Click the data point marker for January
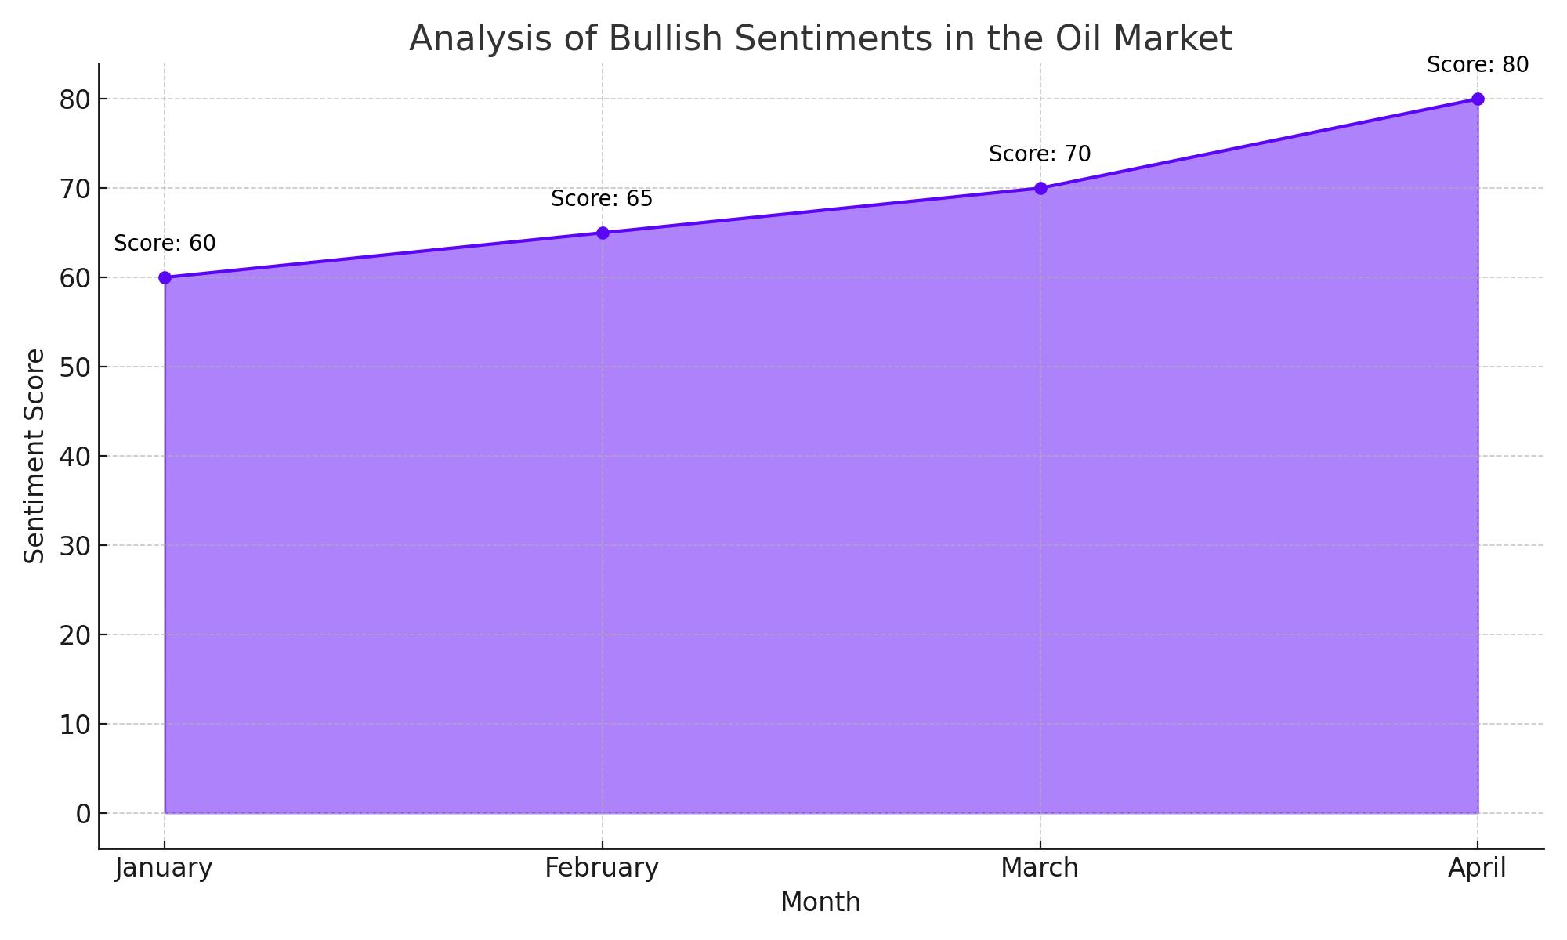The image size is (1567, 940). (x=165, y=277)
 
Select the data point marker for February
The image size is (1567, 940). (x=603, y=233)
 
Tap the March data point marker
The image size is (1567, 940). (x=1040, y=188)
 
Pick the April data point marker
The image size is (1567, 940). (x=1478, y=99)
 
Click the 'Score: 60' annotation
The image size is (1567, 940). (x=165, y=244)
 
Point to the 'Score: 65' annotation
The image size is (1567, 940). (x=602, y=199)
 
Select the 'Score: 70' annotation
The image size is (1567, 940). (x=1040, y=154)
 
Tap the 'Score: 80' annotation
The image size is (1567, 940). (x=1478, y=65)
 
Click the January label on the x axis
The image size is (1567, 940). (x=164, y=869)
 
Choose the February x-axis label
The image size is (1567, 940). (x=602, y=869)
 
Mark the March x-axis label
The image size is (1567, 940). (x=1040, y=868)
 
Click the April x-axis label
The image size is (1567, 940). (x=1477, y=869)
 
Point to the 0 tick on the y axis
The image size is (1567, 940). (x=83, y=814)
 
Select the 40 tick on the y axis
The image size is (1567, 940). (x=75, y=457)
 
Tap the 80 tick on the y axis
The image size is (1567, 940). (x=75, y=99)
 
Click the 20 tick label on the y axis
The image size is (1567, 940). (x=75, y=635)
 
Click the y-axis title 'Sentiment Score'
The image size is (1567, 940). (x=34, y=456)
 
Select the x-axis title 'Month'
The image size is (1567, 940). (x=820, y=902)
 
